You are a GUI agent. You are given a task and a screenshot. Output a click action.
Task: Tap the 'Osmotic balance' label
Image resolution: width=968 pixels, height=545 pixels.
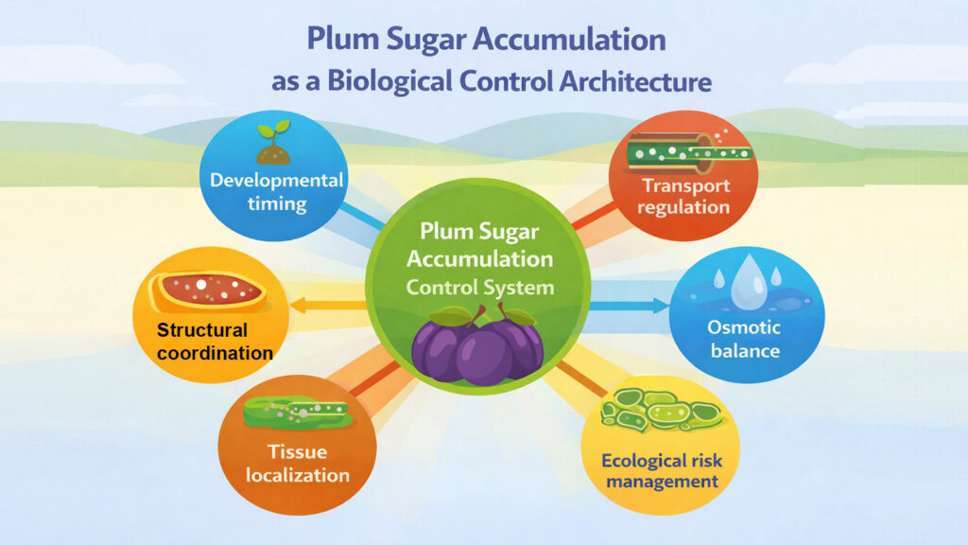(745, 339)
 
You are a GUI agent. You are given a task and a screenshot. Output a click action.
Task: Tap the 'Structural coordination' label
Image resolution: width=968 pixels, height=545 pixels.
(215, 342)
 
